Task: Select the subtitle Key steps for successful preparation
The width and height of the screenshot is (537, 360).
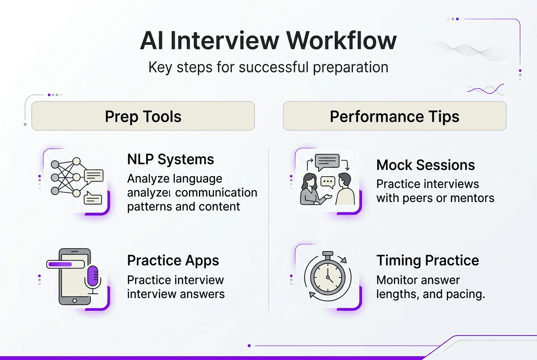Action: click(x=268, y=67)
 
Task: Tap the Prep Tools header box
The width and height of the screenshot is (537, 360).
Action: click(x=143, y=116)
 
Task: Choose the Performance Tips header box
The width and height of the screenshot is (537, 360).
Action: click(x=394, y=116)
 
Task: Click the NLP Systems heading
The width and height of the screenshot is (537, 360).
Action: click(x=170, y=160)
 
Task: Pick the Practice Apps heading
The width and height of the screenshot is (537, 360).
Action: click(x=173, y=260)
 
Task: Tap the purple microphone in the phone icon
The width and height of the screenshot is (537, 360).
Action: click(x=92, y=276)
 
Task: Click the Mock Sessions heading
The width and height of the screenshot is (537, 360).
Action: click(x=425, y=165)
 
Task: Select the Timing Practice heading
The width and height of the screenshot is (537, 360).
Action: click(x=427, y=260)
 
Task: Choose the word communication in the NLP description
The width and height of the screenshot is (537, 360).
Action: click(x=216, y=193)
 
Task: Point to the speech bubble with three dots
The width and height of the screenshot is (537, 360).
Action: click(x=328, y=182)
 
